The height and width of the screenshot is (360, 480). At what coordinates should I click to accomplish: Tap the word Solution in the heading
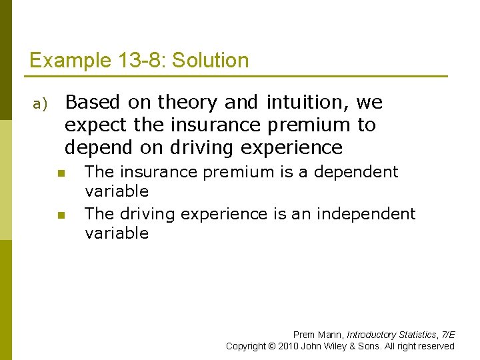[x=210, y=61]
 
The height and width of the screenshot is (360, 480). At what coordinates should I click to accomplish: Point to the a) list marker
[x=39, y=104]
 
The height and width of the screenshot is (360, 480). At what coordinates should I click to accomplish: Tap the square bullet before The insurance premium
[x=61, y=173]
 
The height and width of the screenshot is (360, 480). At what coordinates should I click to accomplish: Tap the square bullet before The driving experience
[x=61, y=215]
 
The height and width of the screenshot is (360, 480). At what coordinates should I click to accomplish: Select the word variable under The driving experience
[x=117, y=233]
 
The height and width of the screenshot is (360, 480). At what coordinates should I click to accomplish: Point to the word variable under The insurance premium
[x=117, y=191]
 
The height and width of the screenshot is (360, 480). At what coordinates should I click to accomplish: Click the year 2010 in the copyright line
[x=288, y=346]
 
